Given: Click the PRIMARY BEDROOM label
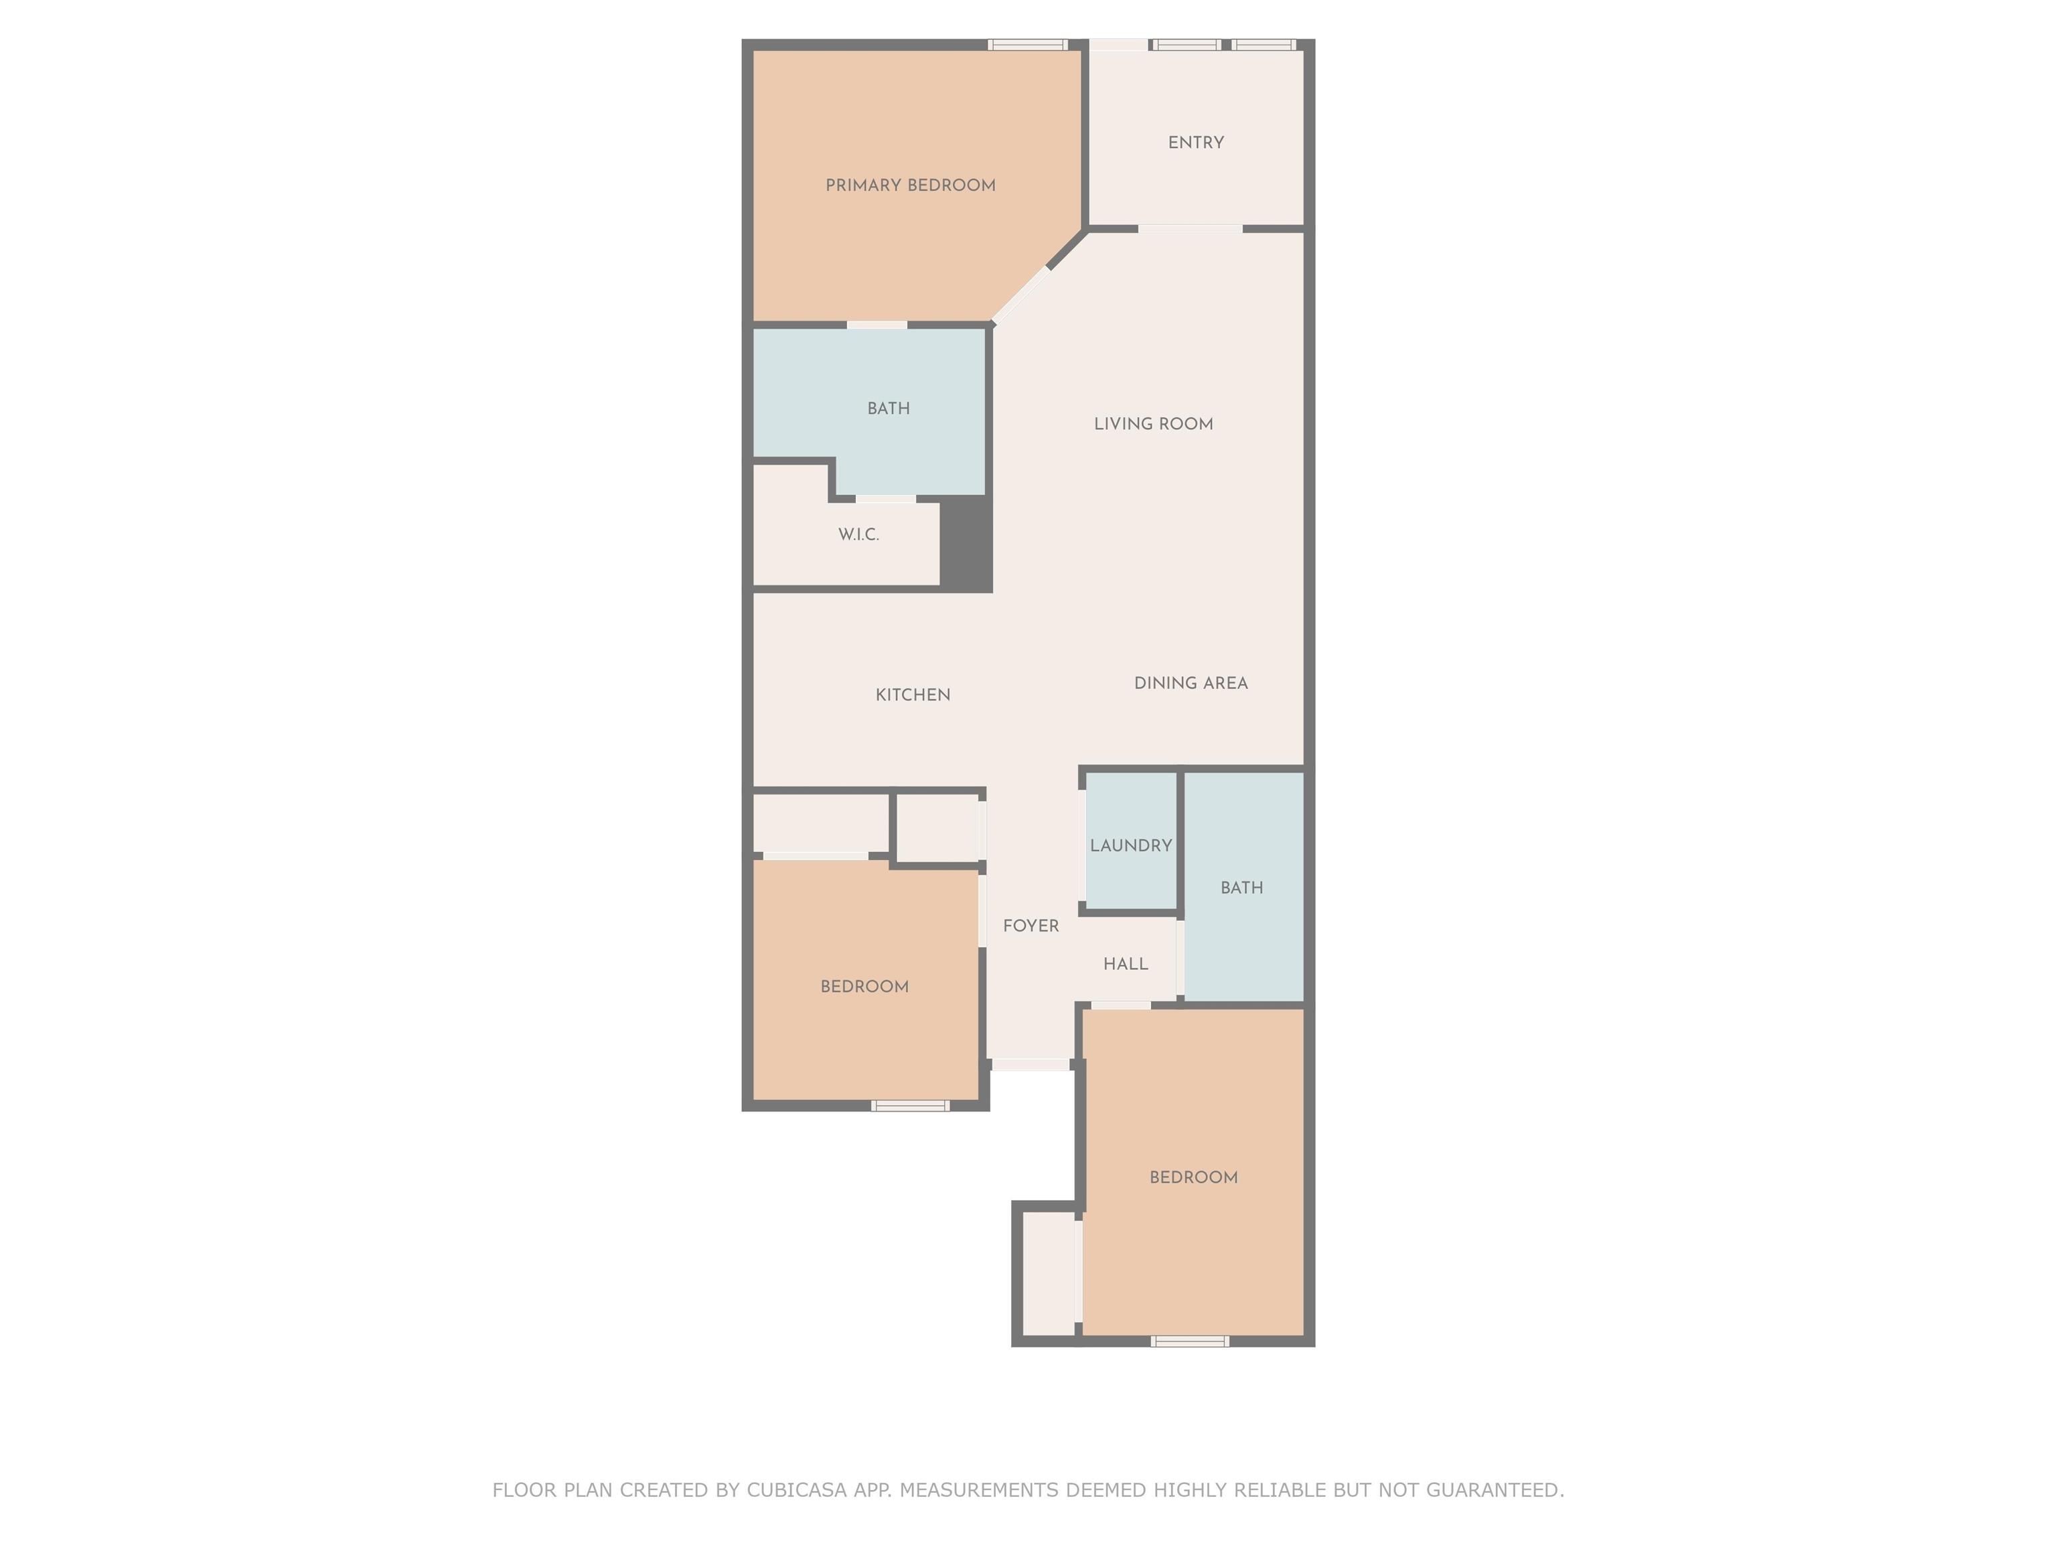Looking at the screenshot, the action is [x=911, y=185].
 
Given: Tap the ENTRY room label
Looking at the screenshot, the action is [x=1196, y=142].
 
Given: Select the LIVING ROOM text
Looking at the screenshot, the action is [x=1153, y=424].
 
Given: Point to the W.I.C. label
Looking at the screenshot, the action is [x=858, y=535].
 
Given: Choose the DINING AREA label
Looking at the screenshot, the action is [x=1191, y=682].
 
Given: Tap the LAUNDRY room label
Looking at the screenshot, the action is [x=1131, y=845].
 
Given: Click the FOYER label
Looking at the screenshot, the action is [x=1031, y=926].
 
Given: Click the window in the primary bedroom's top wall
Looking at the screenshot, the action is [x=1026, y=45].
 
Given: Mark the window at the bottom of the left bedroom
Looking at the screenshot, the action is [x=911, y=1106].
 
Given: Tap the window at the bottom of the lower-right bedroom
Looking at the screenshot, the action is [x=1189, y=1341].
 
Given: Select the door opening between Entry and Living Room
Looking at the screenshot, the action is [x=1191, y=229].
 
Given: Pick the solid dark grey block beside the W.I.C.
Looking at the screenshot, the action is [x=967, y=543].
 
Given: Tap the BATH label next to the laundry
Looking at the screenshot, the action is [x=1241, y=888].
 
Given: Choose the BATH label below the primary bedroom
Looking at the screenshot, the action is [x=888, y=409].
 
